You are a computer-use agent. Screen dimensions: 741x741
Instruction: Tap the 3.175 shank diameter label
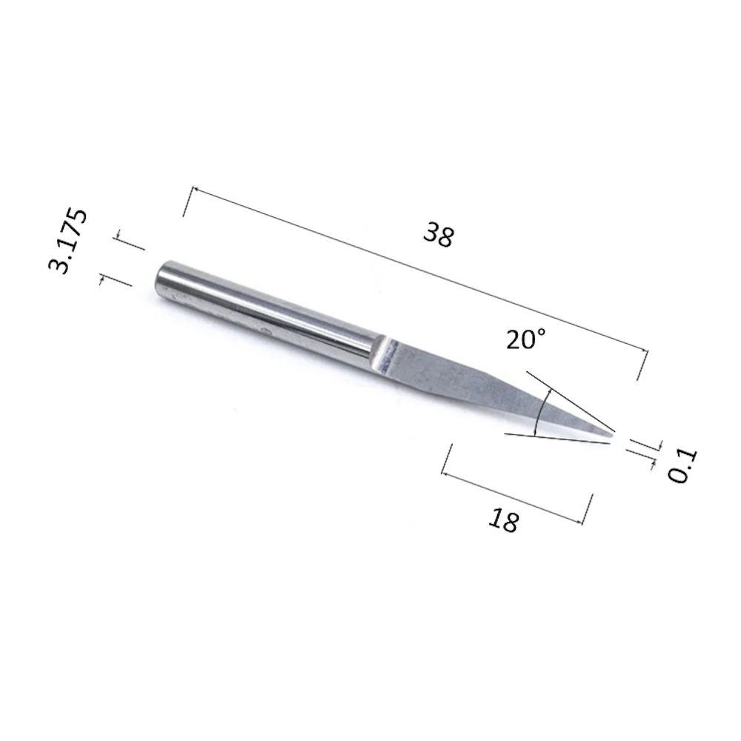pos(67,241)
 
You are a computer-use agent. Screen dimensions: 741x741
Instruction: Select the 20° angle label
pos(526,339)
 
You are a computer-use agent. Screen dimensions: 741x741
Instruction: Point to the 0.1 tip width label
pos(682,466)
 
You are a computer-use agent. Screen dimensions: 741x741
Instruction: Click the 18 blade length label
pos(503,520)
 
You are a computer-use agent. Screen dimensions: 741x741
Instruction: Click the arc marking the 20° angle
pos(541,411)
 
